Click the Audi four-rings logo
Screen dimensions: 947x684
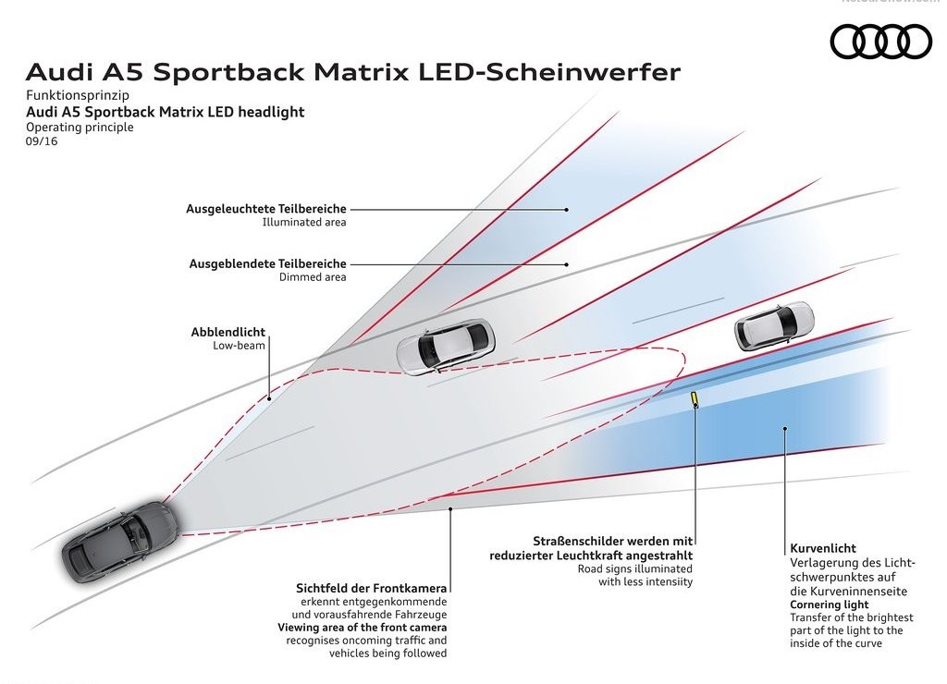(881, 42)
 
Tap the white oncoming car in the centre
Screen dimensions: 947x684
(445, 346)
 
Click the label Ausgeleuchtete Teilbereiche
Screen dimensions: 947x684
(266, 209)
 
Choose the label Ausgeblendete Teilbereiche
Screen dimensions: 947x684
(267, 263)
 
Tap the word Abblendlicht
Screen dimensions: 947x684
(228, 332)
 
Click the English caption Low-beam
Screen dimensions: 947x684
(239, 346)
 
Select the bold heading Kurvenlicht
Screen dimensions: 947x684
(822, 548)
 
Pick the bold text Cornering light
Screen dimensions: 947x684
(830, 605)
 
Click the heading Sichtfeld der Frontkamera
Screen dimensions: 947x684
(372, 588)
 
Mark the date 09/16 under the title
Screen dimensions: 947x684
(42, 141)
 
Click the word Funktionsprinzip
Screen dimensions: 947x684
(78, 95)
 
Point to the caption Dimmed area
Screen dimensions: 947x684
(313, 277)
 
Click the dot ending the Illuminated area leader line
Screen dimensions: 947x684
(567, 210)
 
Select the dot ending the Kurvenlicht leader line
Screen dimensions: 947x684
(785, 429)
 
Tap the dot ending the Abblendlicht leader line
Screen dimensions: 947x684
(269, 397)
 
